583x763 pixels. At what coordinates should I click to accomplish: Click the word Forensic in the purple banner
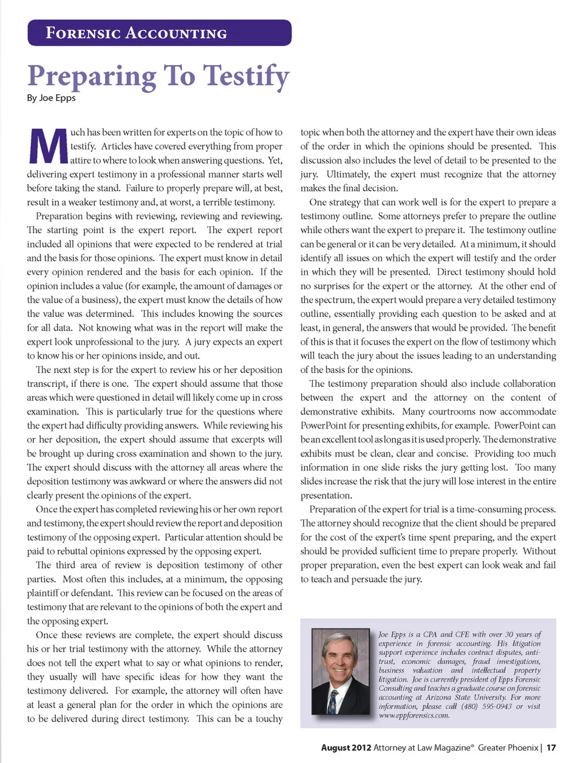83,33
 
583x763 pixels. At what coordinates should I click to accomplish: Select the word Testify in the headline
246,77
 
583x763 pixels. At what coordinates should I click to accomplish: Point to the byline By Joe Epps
51,98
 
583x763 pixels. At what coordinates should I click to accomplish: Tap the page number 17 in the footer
551,747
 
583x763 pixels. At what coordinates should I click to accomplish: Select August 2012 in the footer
346,747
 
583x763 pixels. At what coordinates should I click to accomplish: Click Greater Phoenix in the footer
508,747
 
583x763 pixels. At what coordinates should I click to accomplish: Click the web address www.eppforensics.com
414,716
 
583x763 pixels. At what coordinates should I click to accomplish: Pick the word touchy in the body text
269,719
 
